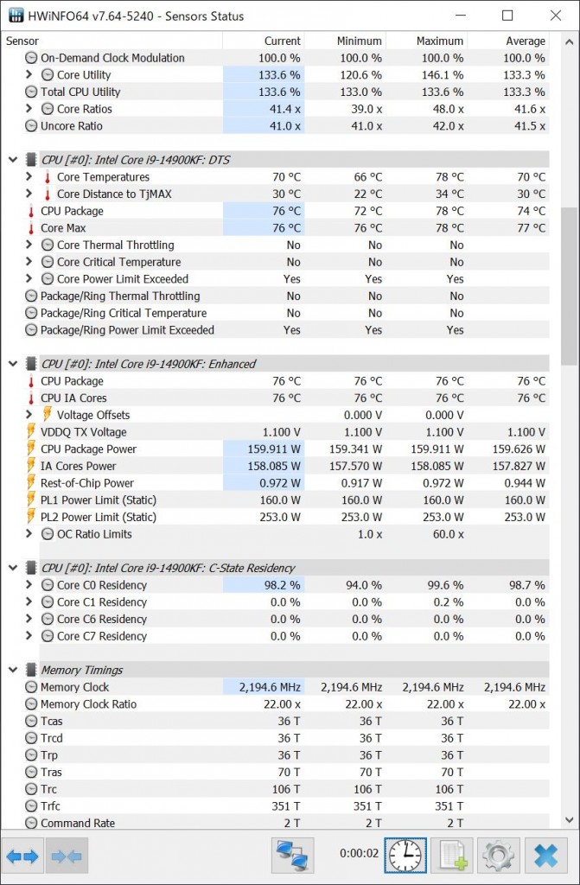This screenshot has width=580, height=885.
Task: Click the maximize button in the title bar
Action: tap(507, 16)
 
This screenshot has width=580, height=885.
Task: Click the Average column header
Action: tap(525, 41)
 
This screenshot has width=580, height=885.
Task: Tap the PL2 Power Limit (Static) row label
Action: tap(99, 517)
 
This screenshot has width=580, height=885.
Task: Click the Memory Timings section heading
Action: tap(81, 670)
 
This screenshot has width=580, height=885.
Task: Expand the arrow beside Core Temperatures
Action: tap(29, 177)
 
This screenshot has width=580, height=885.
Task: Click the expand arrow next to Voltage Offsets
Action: tap(29, 415)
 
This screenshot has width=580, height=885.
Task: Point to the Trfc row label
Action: tap(52, 806)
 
